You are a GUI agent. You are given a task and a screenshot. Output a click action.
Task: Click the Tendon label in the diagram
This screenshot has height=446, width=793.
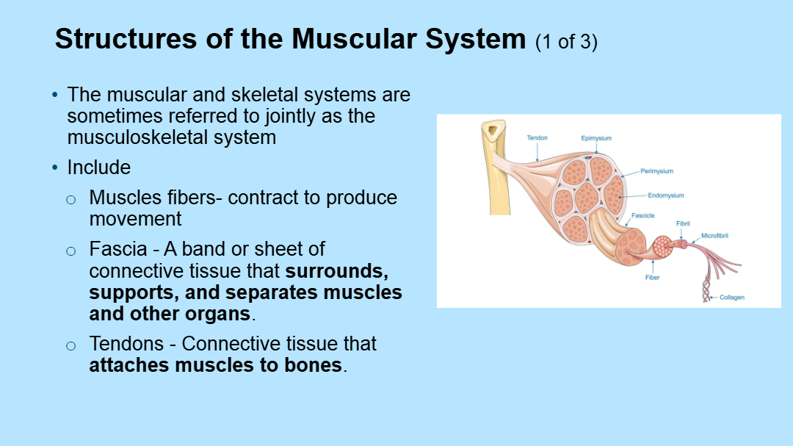click(537, 138)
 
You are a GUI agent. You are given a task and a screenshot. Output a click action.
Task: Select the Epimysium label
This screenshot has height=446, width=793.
click(596, 138)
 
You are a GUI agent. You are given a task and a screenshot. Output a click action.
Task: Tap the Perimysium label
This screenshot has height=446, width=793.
click(656, 171)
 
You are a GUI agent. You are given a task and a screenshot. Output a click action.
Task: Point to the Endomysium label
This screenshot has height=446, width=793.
click(665, 195)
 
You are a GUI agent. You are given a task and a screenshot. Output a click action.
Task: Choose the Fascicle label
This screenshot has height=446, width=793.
click(642, 215)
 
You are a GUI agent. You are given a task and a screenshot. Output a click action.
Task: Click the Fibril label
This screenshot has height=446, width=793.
click(683, 223)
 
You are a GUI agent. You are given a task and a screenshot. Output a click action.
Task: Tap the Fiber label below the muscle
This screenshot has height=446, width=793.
click(652, 278)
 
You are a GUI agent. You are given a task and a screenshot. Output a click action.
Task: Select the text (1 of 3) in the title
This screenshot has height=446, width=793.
click(566, 42)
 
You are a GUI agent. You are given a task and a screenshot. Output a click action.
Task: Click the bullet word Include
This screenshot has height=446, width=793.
click(98, 168)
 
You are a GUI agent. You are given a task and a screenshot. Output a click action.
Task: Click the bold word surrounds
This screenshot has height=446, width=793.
click(336, 270)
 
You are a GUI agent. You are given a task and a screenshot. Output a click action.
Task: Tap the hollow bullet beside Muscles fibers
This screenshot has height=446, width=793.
click(70, 199)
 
